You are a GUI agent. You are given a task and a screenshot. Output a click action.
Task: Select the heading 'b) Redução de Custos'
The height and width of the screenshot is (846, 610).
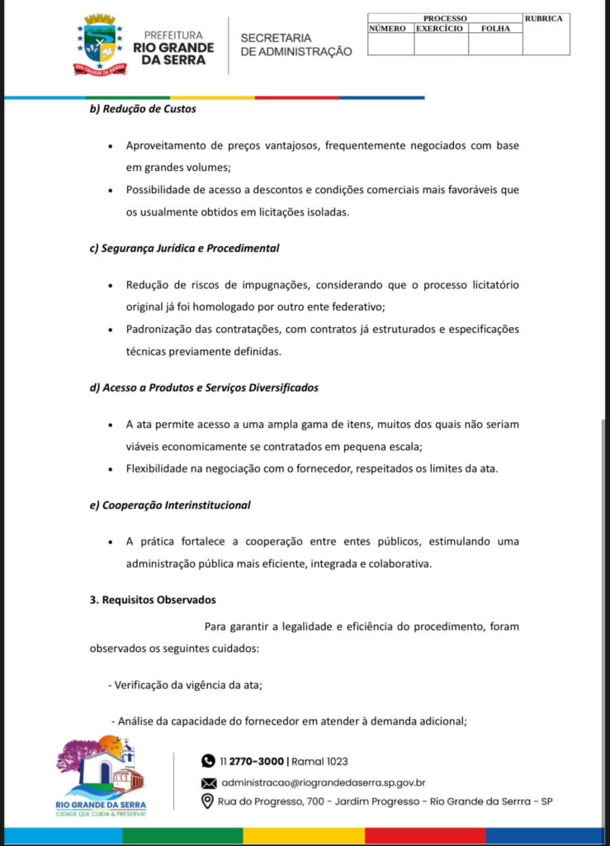143,109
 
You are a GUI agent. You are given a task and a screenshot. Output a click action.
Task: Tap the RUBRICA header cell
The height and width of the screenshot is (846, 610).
543,18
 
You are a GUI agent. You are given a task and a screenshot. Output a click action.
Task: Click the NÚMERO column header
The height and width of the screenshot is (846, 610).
387,28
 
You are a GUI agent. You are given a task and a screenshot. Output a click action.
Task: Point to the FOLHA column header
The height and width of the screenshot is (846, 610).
495,28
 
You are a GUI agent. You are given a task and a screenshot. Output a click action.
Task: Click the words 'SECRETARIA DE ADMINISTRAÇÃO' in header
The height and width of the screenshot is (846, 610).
296,45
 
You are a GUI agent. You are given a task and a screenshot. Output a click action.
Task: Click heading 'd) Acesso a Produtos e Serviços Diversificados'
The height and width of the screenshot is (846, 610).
204,387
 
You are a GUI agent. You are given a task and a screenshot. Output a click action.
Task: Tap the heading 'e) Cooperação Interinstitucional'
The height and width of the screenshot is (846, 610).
170,505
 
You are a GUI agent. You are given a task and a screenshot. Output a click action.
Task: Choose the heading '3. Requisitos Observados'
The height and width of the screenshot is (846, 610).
153,600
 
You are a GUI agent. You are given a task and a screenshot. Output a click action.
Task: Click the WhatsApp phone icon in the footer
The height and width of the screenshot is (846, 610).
208,761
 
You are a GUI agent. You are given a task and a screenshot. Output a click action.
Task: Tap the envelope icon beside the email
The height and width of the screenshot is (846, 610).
208,782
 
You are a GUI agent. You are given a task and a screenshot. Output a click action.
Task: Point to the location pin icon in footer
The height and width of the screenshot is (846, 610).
208,801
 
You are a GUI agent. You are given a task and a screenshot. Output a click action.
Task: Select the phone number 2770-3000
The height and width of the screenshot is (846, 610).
258,761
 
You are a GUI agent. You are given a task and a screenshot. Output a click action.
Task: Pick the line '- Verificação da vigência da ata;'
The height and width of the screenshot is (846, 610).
185,685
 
